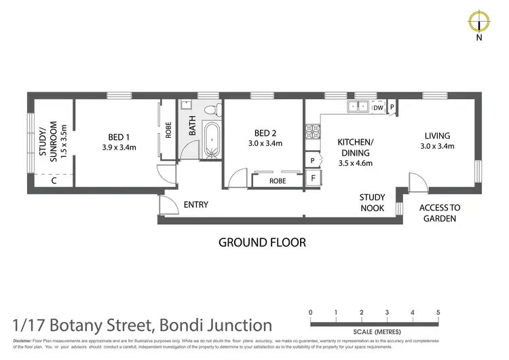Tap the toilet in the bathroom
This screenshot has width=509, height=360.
click(211, 109)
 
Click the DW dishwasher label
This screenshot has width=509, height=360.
click(379, 107)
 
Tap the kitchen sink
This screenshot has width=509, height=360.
click(357, 107)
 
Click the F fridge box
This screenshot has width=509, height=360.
click(312, 179)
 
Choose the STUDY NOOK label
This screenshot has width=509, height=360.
click(372, 202)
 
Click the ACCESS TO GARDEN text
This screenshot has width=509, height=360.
click(440, 213)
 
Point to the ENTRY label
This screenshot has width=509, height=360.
click(196, 204)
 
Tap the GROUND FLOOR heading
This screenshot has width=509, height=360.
click(262, 242)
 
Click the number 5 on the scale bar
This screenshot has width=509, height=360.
click(438, 312)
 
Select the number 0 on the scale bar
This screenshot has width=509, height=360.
click(311, 312)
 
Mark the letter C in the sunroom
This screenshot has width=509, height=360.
click(54, 180)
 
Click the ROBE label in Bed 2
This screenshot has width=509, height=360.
click(277, 181)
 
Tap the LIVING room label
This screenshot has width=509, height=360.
click(438, 135)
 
